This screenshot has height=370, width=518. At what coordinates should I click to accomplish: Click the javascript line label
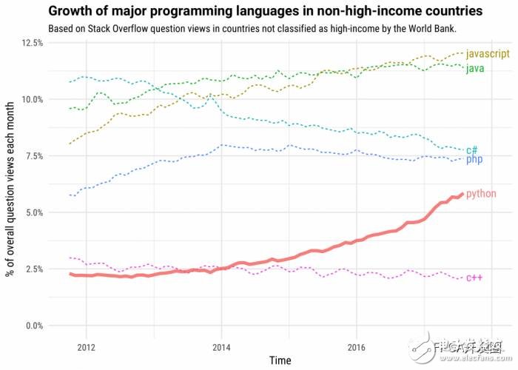pyautogui.click(x=489, y=54)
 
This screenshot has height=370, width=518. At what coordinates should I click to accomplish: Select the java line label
pyautogui.click(x=475, y=69)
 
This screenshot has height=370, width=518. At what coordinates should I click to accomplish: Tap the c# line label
pyautogui.click(x=472, y=149)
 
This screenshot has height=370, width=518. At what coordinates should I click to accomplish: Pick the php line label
pyautogui.click(x=474, y=159)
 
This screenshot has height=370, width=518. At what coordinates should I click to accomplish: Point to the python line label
pyautogui.click(x=481, y=193)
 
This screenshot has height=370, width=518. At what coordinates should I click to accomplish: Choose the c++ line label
pyautogui.click(x=474, y=277)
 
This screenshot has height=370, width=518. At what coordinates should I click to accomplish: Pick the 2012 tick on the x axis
pyautogui.click(x=86, y=346)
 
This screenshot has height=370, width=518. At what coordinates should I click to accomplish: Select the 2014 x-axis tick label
pyautogui.click(x=221, y=346)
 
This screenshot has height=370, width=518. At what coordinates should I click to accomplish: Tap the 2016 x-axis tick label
pyautogui.click(x=357, y=346)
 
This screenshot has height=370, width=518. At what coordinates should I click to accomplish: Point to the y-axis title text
pyautogui.click(x=10, y=185)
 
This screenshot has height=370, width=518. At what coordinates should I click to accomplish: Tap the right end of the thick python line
pyautogui.click(x=462, y=194)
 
